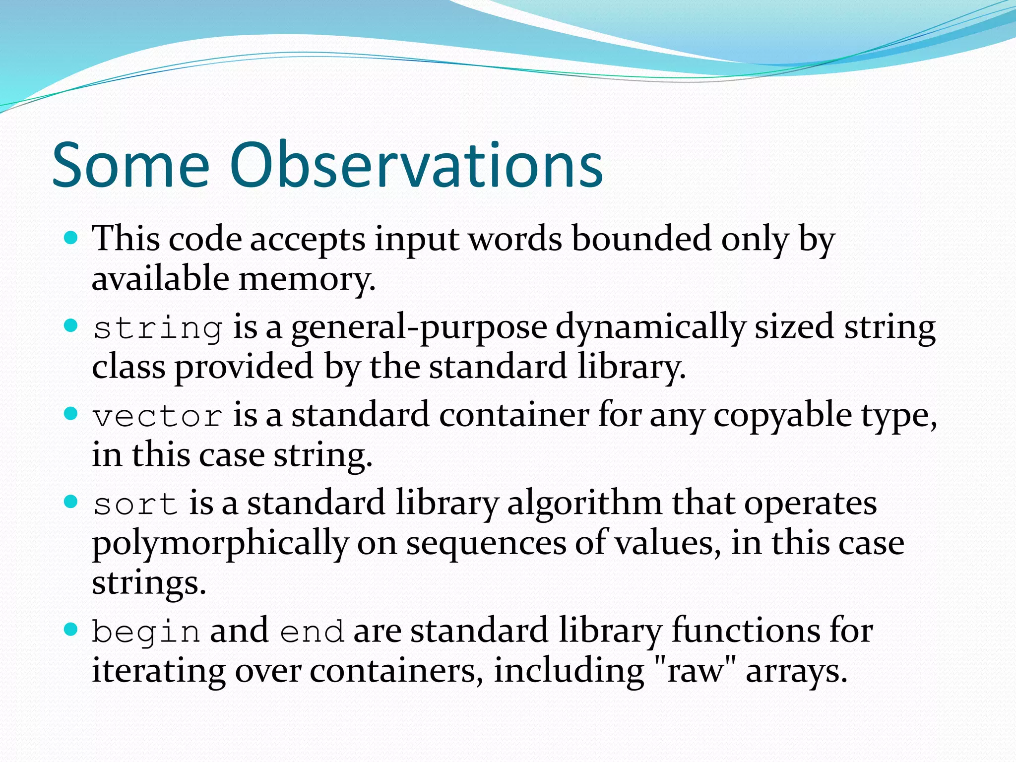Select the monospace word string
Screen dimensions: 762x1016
158,328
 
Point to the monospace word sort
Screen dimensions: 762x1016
135,504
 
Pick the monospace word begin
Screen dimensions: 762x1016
146,632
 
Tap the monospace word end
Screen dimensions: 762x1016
312,632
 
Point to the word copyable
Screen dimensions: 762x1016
782,416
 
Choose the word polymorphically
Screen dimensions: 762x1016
220,544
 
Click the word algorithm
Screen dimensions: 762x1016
584,504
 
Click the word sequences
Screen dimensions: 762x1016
486,544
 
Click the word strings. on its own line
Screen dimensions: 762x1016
149,583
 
